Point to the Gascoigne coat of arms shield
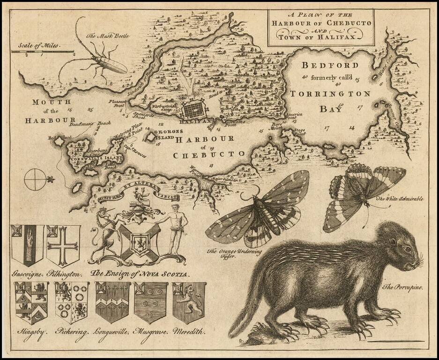point(27,245)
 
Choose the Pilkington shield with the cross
point(63,245)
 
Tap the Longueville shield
point(112,302)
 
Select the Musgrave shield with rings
point(150,302)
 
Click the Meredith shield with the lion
point(189,301)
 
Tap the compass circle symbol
point(35,180)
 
